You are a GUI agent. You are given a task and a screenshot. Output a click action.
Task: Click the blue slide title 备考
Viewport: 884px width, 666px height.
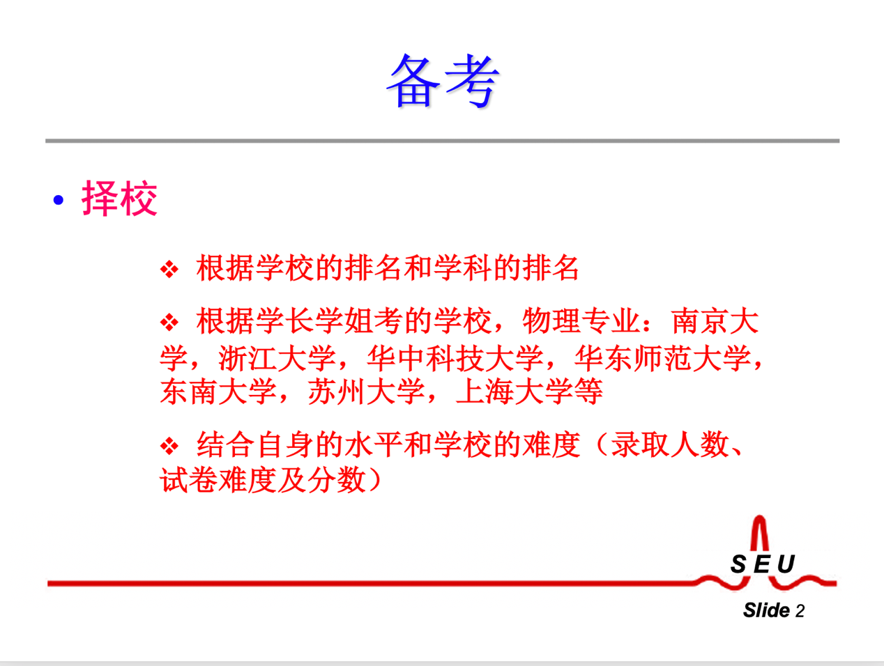point(442,81)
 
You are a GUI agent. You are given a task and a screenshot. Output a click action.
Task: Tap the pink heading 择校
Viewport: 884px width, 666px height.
point(119,199)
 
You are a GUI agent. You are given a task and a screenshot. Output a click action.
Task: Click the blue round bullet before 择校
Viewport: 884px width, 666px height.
point(59,200)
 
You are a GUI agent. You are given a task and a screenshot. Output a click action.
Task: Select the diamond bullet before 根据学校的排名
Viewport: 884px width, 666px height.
point(169,269)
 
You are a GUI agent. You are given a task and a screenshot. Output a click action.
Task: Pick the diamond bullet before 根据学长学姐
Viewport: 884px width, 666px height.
point(169,323)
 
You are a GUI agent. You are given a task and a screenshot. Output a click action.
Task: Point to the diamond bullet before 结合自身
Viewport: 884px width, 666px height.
point(169,446)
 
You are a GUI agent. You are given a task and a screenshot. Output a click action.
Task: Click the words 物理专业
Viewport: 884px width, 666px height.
point(581,321)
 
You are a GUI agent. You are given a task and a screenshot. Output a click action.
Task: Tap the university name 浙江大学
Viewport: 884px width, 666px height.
point(277,358)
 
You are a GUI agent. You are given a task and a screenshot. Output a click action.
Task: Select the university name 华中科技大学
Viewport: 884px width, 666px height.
point(455,358)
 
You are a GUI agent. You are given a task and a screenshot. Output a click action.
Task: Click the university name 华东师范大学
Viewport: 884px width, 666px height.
point(662,358)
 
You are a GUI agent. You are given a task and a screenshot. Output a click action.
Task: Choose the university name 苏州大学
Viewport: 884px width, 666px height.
point(367,391)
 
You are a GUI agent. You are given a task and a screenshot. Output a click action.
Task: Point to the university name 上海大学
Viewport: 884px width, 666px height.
point(515,391)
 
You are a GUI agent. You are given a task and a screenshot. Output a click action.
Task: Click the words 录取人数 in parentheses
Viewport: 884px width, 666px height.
point(670,444)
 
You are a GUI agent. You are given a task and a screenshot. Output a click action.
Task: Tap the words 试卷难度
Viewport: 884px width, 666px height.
point(219,480)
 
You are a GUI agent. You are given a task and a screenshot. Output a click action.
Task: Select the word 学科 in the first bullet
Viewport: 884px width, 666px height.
point(463,268)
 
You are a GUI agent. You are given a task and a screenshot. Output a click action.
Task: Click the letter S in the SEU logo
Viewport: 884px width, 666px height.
point(738,564)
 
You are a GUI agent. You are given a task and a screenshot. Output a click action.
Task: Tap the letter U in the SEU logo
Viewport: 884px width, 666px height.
point(786,564)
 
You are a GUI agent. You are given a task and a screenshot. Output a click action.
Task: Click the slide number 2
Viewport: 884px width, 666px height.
point(800,611)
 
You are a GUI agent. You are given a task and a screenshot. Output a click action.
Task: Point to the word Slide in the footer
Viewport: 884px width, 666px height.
point(766,610)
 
